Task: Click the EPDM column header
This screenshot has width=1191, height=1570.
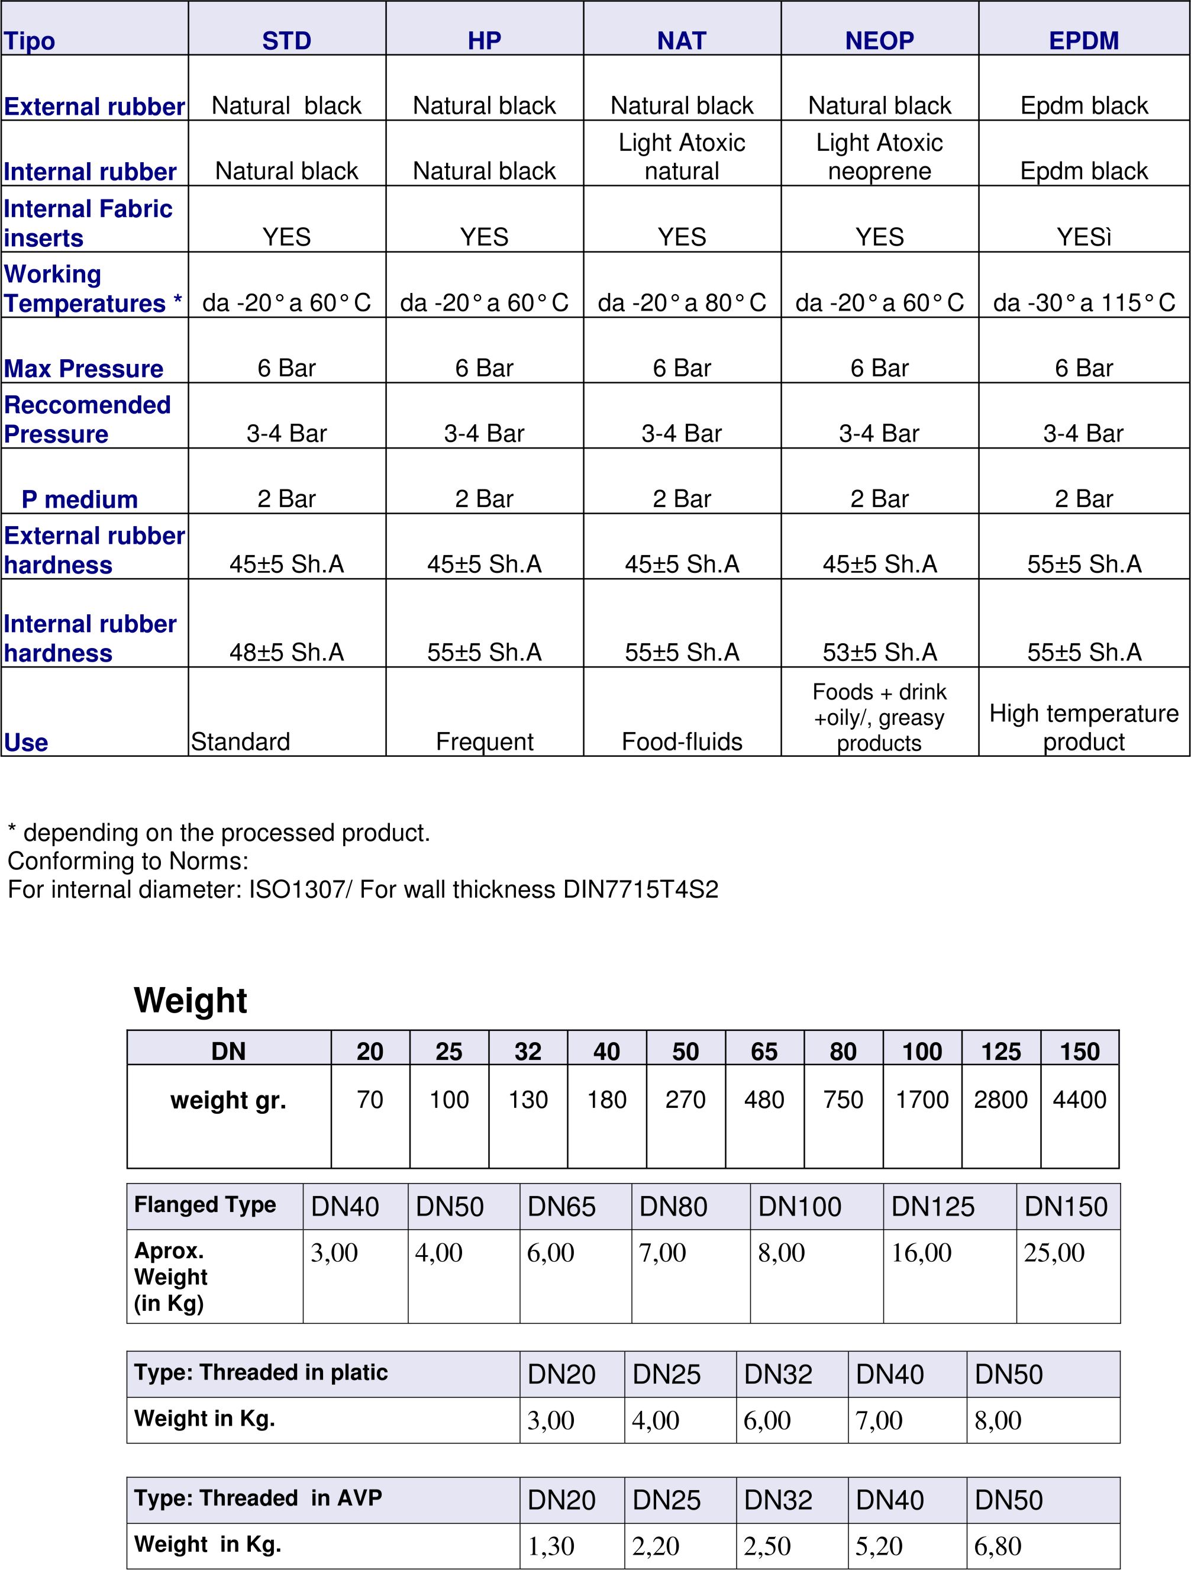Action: tap(1083, 40)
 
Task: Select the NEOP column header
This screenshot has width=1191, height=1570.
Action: tap(879, 40)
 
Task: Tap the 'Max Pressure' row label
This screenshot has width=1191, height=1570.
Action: tap(84, 368)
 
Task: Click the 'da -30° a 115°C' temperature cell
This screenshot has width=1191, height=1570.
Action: tap(1084, 302)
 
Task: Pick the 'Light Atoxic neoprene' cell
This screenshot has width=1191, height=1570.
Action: tap(879, 157)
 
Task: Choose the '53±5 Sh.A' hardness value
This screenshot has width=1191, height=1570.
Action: tap(879, 652)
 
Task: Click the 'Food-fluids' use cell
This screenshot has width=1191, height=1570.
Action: tap(682, 741)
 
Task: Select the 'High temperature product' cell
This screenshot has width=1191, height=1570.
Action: tap(1083, 727)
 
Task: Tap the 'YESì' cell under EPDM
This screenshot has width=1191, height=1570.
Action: tap(1083, 236)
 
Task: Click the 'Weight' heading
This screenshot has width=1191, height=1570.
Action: tap(191, 1000)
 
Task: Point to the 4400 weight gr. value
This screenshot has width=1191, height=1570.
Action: tap(1079, 1100)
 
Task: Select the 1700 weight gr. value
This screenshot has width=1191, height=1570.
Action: tap(921, 1100)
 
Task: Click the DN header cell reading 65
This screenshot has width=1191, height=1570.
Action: tap(764, 1051)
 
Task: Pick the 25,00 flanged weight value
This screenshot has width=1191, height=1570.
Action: tap(1053, 1253)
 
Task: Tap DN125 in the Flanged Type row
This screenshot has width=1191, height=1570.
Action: tap(932, 1207)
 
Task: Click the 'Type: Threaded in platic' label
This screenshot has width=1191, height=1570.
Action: tap(260, 1372)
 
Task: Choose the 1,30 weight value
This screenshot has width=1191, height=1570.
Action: tap(550, 1545)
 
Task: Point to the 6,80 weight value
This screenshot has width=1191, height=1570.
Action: tap(997, 1545)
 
